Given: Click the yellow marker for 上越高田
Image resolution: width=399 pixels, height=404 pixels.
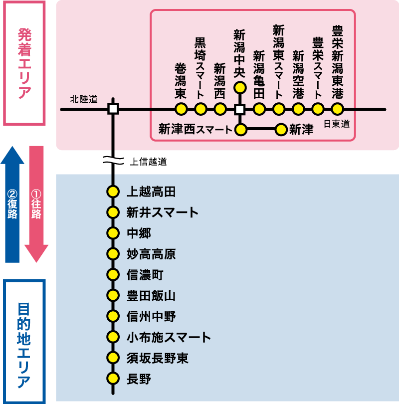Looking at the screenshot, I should [x=113, y=192].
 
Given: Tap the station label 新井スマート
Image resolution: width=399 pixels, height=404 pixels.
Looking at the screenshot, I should [x=163, y=212].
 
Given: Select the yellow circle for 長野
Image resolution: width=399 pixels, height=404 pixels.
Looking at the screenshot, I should [x=113, y=379].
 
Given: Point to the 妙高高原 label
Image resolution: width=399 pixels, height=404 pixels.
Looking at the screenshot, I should [x=151, y=254].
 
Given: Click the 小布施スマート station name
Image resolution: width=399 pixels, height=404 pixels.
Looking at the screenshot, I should [x=169, y=337].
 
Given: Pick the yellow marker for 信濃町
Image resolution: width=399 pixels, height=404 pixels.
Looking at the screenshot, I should [x=113, y=275].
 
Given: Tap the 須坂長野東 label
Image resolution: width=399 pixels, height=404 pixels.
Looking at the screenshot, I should [x=158, y=358].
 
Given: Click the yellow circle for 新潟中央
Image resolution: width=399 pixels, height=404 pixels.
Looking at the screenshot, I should [x=240, y=88].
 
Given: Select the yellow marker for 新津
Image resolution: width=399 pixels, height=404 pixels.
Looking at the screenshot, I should [x=281, y=130].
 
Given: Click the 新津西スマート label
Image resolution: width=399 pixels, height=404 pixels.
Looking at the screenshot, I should [x=195, y=130].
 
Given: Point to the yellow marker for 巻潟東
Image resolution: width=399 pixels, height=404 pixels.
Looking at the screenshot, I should [x=181, y=109].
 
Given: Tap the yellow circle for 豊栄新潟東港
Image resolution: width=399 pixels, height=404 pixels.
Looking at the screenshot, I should [x=338, y=109].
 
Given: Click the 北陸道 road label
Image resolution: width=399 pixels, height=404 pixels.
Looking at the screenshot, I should [x=83, y=99].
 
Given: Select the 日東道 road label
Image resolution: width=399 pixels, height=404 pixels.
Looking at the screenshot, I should [x=337, y=124].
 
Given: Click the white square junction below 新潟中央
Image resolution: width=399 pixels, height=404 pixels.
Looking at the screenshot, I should [x=240, y=109].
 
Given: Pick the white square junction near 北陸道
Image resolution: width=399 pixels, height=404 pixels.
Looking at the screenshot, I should [x=113, y=109].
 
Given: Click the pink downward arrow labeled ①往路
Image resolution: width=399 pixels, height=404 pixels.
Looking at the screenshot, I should [x=36, y=204].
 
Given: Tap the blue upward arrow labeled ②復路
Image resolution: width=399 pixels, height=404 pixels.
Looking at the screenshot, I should [x=12, y=204].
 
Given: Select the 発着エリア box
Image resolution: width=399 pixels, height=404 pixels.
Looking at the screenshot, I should [x=24, y=63].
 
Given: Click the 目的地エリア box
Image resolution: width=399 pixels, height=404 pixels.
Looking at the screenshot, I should [x=24, y=342].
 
